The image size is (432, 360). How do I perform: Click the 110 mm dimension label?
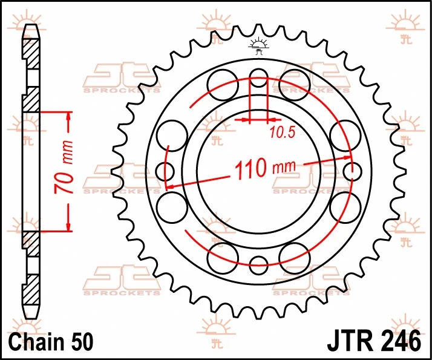(x=265, y=168)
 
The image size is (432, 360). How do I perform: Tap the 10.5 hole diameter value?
(x=282, y=133)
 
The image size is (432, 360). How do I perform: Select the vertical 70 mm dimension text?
(x=64, y=167)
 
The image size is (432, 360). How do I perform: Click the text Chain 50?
(x=51, y=342)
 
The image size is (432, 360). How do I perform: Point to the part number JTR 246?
(x=374, y=341)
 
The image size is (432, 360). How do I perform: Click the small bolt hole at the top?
(x=258, y=77)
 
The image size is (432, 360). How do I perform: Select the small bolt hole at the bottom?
(x=258, y=265)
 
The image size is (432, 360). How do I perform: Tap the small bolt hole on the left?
(x=165, y=171)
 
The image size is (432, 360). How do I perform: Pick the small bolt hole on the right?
(x=352, y=172)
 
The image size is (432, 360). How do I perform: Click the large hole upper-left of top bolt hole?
(x=223, y=85)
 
